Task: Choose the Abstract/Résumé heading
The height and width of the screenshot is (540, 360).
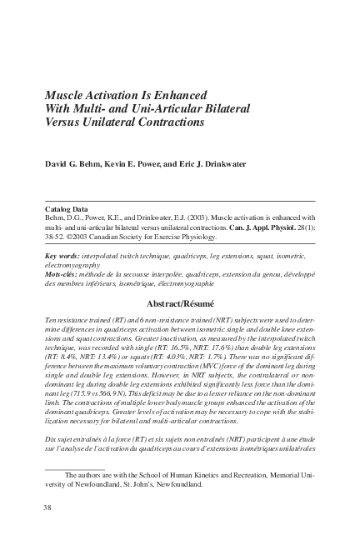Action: point(179,304)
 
